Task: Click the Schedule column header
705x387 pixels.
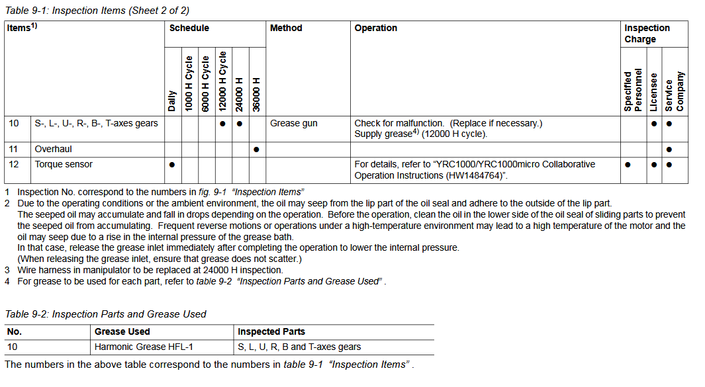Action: tap(189, 28)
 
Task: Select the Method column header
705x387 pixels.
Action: tap(286, 28)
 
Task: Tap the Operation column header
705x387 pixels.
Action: tap(376, 28)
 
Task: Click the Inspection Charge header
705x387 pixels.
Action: tap(647, 34)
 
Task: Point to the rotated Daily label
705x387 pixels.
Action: tap(172, 100)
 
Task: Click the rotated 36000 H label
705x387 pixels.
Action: tap(257, 95)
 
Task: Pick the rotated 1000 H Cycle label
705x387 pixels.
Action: tap(189, 83)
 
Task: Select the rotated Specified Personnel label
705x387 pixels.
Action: tap(634, 89)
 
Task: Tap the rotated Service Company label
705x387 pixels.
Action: tap(675, 91)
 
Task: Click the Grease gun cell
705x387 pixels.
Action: tap(294, 124)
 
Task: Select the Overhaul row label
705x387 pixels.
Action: tap(54, 150)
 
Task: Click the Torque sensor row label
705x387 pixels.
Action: tap(64, 164)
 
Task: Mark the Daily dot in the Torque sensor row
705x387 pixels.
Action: tap(172, 165)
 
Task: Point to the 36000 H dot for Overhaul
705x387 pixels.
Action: tap(257, 150)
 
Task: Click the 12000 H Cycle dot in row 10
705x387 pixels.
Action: tap(223, 124)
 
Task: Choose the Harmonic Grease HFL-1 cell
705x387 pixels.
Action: tap(144, 347)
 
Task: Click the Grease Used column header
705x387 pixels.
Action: tap(122, 331)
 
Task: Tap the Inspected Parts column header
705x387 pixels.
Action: tap(271, 331)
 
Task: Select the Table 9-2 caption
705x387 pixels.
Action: tap(106, 314)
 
